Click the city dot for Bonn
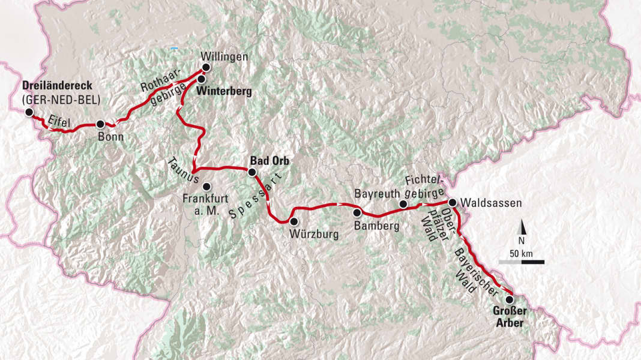(x=100, y=124)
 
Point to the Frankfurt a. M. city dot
(x=206, y=186)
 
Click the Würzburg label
(x=313, y=235)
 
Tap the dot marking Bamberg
(x=358, y=212)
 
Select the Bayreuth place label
(x=376, y=194)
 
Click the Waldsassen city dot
(x=453, y=203)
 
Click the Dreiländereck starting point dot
(x=28, y=111)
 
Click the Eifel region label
(x=59, y=121)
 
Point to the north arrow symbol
(x=522, y=228)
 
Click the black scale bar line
(x=522, y=262)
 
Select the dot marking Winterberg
(x=202, y=79)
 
